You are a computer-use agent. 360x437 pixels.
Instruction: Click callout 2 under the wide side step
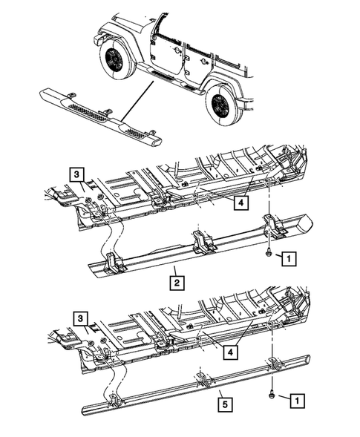coord(177,282)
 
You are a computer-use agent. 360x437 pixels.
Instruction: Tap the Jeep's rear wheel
coord(222,104)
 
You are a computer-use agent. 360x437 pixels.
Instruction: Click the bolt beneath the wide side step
coord(266,254)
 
